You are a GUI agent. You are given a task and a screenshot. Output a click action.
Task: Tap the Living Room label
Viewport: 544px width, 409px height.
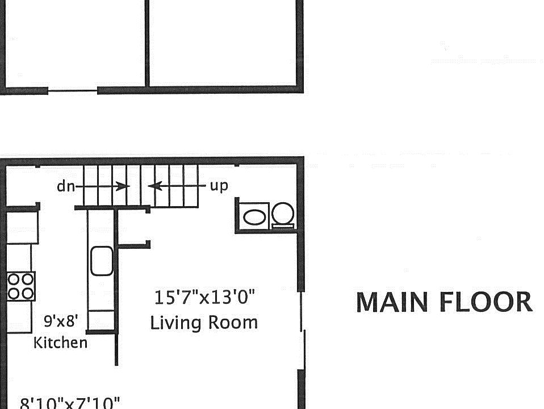[x=204, y=323]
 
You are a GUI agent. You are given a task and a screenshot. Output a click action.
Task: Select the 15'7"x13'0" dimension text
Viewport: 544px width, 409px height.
[x=205, y=297]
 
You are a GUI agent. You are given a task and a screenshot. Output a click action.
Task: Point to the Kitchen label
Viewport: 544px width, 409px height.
[x=61, y=343]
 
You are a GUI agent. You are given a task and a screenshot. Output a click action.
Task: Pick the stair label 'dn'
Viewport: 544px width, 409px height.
[x=65, y=186]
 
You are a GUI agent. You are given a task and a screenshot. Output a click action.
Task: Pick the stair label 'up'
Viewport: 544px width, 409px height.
[x=219, y=186]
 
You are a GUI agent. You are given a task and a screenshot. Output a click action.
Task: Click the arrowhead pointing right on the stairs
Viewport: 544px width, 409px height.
[x=123, y=186]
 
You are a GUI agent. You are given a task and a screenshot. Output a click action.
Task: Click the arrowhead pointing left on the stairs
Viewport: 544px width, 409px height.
[x=152, y=186]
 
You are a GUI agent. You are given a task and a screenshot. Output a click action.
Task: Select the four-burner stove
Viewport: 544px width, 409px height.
[x=21, y=286]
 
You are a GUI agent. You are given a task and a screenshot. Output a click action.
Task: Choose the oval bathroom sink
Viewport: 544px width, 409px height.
[x=254, y=216]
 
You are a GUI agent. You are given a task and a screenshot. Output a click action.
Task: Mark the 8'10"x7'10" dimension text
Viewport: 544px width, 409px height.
[x=70, y=403]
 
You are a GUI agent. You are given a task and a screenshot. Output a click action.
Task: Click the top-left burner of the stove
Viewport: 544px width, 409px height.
[x=14, y=279]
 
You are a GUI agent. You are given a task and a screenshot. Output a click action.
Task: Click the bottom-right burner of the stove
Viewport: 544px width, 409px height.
[x=27, y=293]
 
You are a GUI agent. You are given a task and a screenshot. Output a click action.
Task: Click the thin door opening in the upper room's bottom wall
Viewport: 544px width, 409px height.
[x=73, y=90]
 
